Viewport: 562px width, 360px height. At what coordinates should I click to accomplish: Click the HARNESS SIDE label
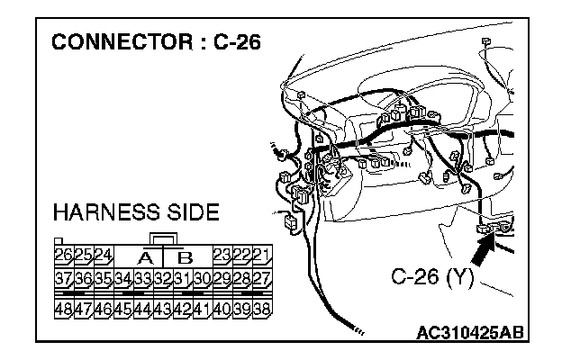pyautogui.click(x=136, y=212)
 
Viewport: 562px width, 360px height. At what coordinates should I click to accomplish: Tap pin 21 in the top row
pyautogui.click(x=262, y=255)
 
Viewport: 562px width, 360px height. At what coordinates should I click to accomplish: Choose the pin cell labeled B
pyautogui.click(x=186, y=256)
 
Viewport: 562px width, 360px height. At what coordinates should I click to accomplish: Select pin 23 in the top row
pyautogui.click(x=222, y=255)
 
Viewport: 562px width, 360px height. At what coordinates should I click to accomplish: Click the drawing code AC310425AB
pyautogui.click(x=468, y=334)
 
